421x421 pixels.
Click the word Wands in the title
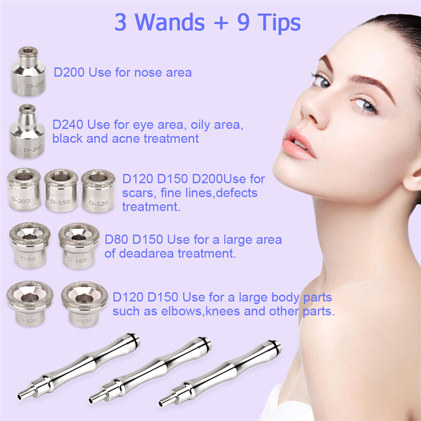coord(169,22)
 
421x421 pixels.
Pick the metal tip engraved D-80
coord(30,245)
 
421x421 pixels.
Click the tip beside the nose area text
coord(28,71)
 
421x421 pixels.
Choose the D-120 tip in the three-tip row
coord(98,191)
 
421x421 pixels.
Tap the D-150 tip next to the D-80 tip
coord(79,246)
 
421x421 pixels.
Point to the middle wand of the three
coord(151,370)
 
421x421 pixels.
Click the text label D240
coord(68,125)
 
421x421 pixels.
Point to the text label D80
coord(116,239)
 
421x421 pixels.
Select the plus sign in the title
coord(221,23)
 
